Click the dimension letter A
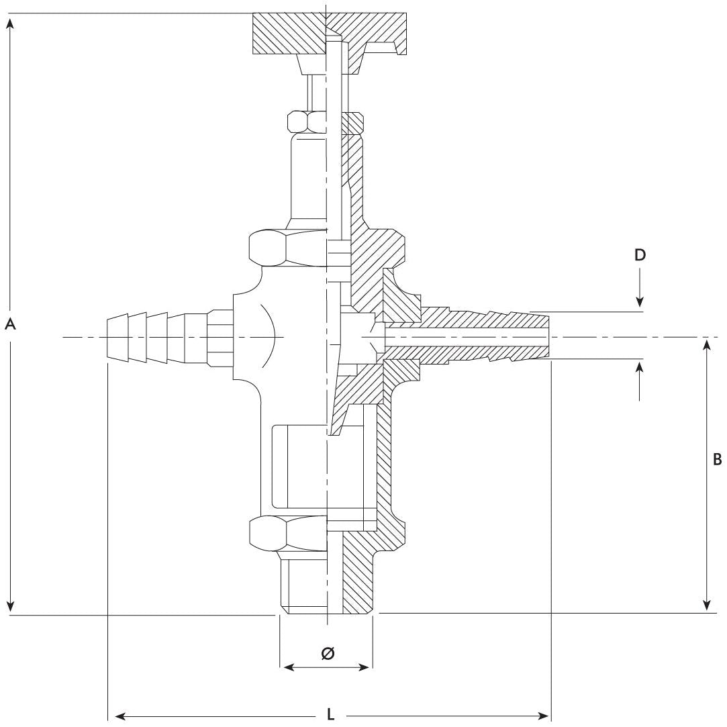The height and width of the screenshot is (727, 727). tap(10, 324)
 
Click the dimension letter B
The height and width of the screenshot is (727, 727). tap(716, 460)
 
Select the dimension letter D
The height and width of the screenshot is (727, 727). tap(640, 255)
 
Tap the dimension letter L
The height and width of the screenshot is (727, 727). tap(330, 715)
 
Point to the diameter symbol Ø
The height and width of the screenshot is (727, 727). tap(328, 653)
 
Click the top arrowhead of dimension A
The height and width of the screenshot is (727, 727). tap(10, 23)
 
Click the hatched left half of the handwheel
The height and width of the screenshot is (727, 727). tap(289, 34)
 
